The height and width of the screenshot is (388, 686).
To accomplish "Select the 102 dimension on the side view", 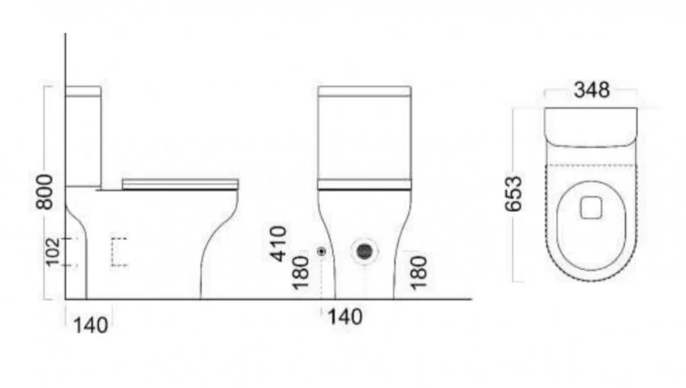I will [52, 251].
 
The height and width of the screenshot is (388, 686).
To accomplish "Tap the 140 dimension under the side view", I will [91, 325].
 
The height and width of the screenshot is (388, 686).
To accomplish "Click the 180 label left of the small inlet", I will [300, 274].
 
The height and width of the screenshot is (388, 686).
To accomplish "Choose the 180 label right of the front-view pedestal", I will [418, 274].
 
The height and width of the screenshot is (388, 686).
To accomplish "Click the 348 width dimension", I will [591, 90].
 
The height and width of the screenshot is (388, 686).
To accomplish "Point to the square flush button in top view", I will [591, 207].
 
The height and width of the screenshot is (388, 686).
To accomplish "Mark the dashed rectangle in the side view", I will [119, 252].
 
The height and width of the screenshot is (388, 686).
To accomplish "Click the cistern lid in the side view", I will [84, 91].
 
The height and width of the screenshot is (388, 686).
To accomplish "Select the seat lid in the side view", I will [181, 183].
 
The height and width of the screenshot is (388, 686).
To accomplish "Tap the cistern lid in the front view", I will [365, 92].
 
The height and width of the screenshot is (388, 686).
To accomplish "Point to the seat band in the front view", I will [365, 185].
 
